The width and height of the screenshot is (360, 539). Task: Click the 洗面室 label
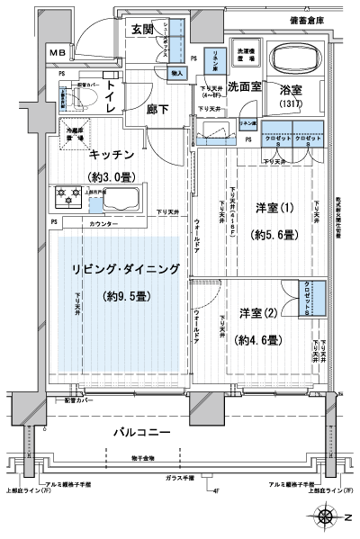tap(244, 87)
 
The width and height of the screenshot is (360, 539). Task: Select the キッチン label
tap(112, 154)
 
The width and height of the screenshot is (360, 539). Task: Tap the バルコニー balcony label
tap(141, 434)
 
